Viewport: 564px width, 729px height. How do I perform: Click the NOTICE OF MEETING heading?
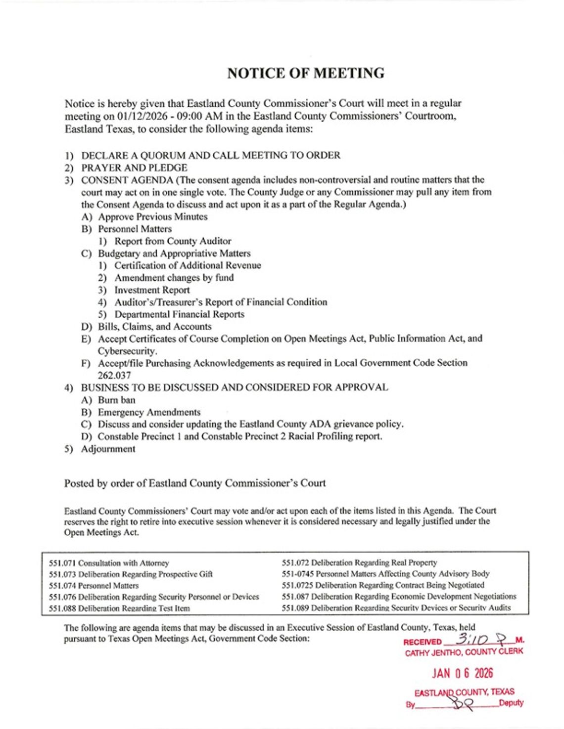tap(305, 73)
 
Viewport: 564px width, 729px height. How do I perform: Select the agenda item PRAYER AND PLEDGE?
tap(134, 168)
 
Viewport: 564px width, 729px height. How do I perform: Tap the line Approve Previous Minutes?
tap(152, 216)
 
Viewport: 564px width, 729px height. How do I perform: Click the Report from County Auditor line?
tap(173, 241)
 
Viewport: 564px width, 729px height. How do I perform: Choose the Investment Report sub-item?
tap(152, 290)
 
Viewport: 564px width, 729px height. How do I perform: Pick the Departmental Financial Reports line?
tap(179, 314)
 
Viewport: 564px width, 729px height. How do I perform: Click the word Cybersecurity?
tap(127, 351)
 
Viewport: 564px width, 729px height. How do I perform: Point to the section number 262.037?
tap(114, 375)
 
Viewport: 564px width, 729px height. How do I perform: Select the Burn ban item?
tap(116, 400)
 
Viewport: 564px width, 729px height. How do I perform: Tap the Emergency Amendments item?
tap(149, 412)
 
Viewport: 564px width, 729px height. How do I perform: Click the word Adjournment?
tap(108, 449)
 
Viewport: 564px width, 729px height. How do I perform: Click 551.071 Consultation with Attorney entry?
tap(109, 563)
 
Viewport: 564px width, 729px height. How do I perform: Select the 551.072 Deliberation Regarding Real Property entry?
tap(359, 562)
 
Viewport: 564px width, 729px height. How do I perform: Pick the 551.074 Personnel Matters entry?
tap(94, 586)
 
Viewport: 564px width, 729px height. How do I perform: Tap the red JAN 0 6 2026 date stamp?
tap(462, 673)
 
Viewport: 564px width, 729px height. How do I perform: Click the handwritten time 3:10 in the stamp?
tap(472, 640)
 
